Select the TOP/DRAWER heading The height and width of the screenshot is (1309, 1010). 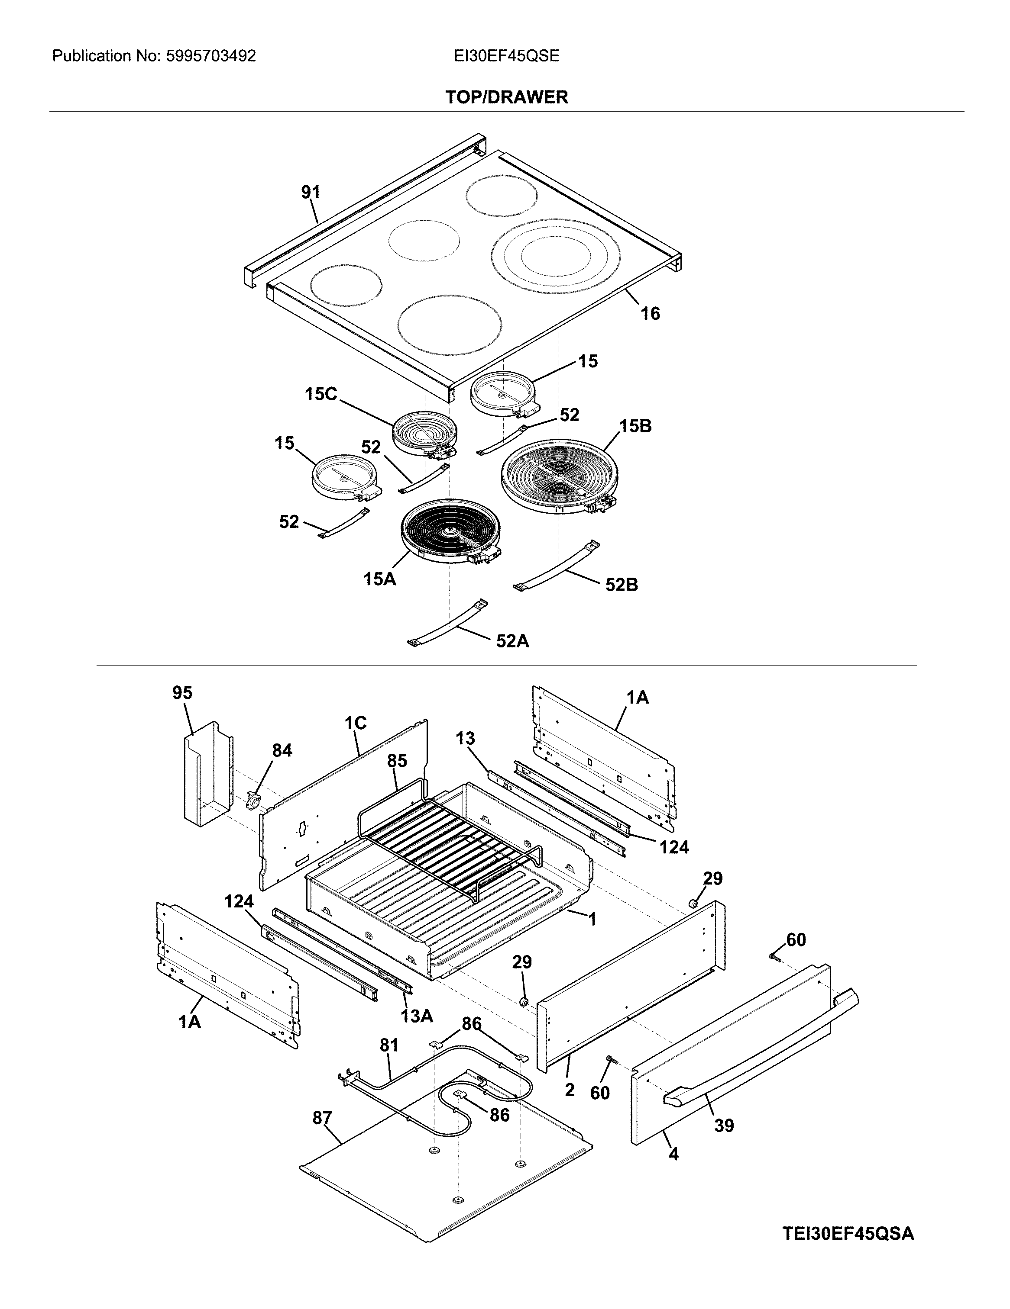506,97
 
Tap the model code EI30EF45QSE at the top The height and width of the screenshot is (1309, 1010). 506,56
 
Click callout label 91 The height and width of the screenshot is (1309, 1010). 310,193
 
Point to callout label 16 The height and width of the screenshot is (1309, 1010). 650,313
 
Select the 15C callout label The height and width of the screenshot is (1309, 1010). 321,394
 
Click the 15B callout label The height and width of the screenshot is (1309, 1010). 636,426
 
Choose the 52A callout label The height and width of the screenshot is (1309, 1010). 512,641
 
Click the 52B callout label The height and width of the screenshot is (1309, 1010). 622,585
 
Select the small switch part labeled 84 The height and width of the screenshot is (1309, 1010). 256,800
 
